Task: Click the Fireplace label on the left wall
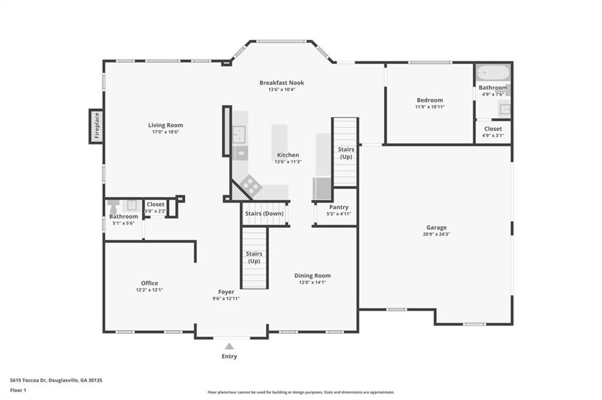click(97, 126)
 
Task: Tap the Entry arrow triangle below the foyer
click(229, 347)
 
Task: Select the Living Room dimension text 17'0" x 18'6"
click(165, 132)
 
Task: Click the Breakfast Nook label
click(282, 82)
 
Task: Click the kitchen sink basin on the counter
click(239, 135)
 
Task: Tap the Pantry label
click(339, 207)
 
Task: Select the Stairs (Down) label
click(265, 213)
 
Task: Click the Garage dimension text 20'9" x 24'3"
click(437, 234)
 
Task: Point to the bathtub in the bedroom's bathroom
click(493, 72)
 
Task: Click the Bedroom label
click(430, 100)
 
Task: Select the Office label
click(149, 283)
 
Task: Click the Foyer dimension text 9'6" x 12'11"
click(226, 298)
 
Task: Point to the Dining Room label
click(313, 275)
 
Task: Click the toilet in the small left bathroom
click(113, 207)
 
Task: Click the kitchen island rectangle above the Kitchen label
click(279, 137)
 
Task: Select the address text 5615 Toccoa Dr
click(28, 381)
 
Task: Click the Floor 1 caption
click(18, 391)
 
